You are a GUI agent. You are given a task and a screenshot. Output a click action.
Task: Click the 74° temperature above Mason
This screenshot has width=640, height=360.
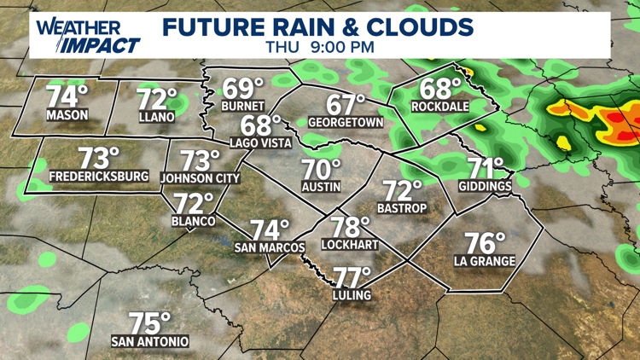67,96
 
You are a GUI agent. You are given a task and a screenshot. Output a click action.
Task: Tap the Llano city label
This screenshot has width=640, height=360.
156,117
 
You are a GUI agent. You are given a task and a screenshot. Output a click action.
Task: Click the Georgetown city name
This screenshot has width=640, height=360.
346,123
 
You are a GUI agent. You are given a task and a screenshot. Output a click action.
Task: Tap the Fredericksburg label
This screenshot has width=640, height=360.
99,177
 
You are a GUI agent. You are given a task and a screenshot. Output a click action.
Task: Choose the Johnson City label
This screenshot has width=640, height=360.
201,179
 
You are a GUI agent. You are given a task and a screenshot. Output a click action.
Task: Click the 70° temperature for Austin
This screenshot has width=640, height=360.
322,169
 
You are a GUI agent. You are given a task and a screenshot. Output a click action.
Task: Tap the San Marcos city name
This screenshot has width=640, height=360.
270,247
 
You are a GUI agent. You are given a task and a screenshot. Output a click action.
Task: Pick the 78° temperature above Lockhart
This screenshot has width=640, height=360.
350,227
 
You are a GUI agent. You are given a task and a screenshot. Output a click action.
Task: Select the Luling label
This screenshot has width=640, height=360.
352,295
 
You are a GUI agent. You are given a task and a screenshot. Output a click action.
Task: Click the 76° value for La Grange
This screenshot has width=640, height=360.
485,243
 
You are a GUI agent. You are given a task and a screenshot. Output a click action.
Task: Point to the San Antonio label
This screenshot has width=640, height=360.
150,342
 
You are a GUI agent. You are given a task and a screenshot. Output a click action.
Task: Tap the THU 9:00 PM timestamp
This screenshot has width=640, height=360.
319,47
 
